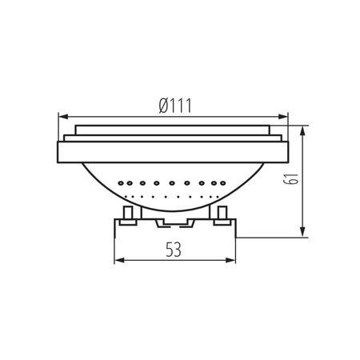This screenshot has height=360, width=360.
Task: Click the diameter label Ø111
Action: [x=175, y=105]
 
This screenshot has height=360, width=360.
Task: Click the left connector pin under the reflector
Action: [x=128, y=215]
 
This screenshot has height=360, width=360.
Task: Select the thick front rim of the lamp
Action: [x=175, y=150]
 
